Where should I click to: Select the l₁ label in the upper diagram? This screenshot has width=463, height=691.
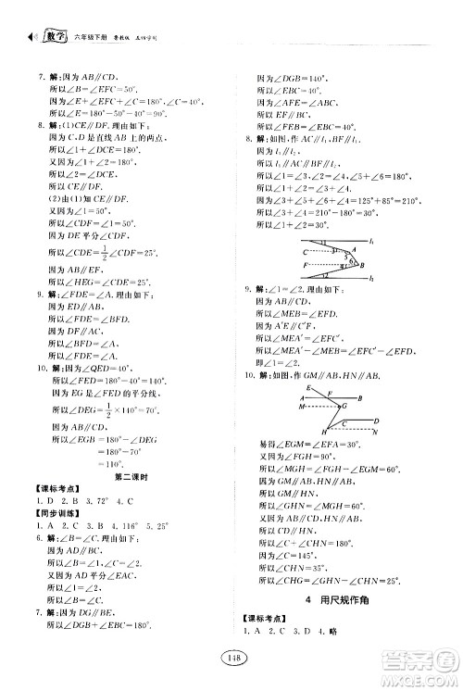[x=370, y=241]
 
